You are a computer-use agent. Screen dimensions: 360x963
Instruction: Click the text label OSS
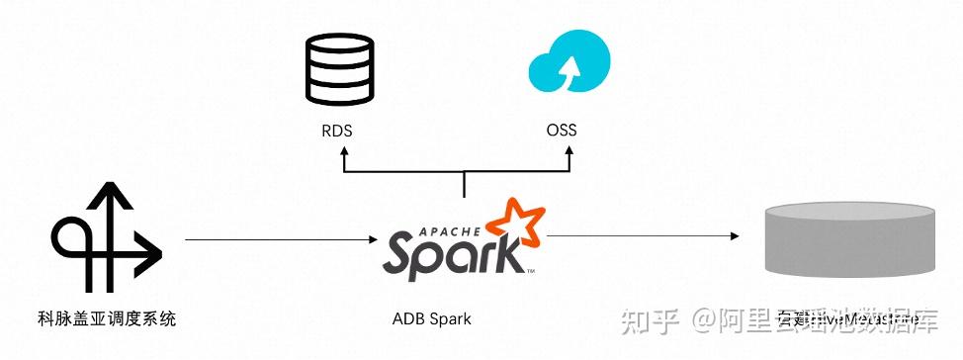[562, 130]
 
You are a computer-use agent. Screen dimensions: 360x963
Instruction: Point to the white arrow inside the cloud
[570, 69]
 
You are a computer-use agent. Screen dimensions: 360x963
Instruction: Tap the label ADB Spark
[431, 318]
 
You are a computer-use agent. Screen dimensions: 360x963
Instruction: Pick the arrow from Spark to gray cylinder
[643, 235]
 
